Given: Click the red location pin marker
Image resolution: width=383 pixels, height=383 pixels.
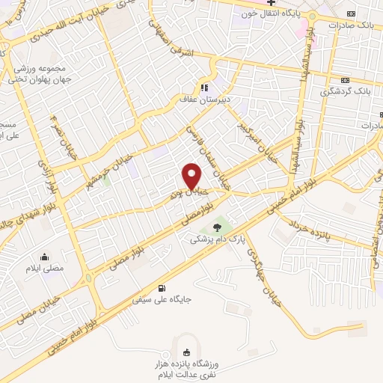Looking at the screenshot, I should [x=192, y=177].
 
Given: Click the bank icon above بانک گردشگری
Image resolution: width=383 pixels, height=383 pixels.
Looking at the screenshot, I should [x=345, y=80].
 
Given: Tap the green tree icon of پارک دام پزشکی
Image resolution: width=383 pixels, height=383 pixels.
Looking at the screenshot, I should [x=216, y=227].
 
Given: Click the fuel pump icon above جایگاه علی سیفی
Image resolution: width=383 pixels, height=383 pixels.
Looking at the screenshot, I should [x=163, y=289].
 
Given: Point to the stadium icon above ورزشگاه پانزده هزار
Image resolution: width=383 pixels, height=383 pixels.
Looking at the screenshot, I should [x=186, y=353].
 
